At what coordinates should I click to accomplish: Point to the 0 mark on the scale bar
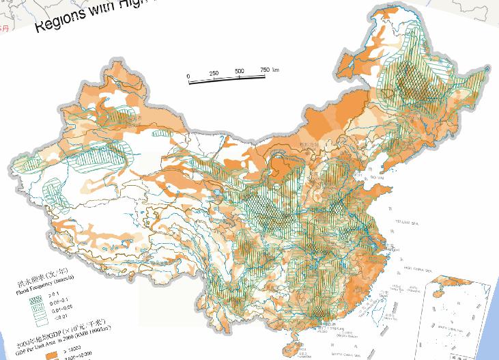click(188, 75)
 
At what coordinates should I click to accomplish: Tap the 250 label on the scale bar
click(214, 73)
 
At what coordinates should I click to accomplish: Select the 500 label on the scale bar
click(240, 72)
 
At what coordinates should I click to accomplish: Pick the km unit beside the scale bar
click(276, 69)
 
